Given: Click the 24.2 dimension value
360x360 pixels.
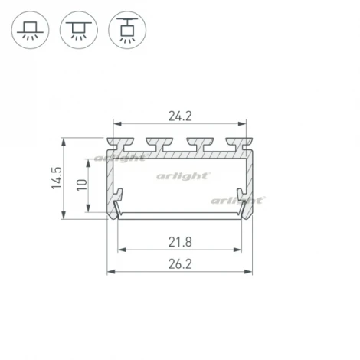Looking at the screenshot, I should (180, 117).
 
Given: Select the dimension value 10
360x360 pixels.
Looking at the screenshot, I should (82, 185).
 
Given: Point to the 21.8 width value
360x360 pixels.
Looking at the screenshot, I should (180, 243).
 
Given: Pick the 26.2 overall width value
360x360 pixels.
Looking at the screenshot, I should (180, 266).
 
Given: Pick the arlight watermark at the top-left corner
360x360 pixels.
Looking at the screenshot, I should (119, 159).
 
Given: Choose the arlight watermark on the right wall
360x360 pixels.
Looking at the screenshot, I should (237, 200).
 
